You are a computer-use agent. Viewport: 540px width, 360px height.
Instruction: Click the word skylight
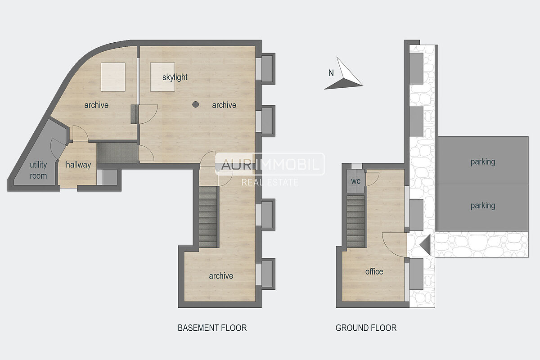pos(175,77)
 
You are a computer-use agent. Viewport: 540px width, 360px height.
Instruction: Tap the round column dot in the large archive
pos(195,104)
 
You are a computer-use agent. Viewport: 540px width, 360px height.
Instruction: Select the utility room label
pos(38,170)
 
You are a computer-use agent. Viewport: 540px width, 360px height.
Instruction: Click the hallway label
pos(78,165)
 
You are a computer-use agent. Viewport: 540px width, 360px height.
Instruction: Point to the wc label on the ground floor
pos(356,181)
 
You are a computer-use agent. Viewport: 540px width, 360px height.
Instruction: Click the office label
pos(374,271)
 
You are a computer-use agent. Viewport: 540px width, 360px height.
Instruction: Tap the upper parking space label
pos(483,162)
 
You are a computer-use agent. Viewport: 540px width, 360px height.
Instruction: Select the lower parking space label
pos(483,206)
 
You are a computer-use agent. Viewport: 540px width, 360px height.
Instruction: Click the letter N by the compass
pos(331,73)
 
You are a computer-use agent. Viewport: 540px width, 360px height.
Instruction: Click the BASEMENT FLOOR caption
pos(212,328)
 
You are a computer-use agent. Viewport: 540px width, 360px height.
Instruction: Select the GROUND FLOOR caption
pos(366,328)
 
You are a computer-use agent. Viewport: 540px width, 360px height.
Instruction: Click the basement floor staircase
pos(208,217)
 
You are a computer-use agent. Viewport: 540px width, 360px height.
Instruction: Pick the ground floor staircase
pos(355,221)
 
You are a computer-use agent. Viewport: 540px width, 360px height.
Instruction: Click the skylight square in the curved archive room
pos(113,77)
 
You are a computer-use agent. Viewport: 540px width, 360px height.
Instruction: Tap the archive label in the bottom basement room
pos(221,276)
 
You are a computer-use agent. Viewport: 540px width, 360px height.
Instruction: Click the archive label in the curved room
pos(96,105)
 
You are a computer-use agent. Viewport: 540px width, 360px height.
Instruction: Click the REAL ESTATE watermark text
pos(270,182)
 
